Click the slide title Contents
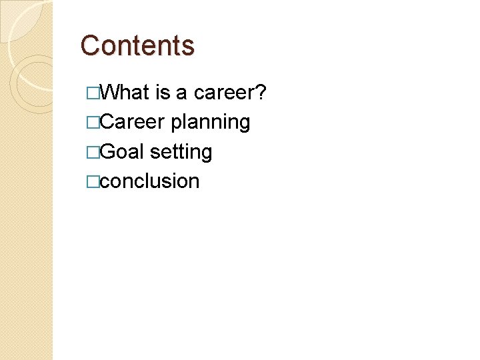click(x=137, y=45)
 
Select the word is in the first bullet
click(x=163, y=93)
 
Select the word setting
click(x=181, y=153)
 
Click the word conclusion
click(x=151, y=181)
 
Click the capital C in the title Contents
click(x=89, y=45)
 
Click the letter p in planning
click(x=176, y=124)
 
